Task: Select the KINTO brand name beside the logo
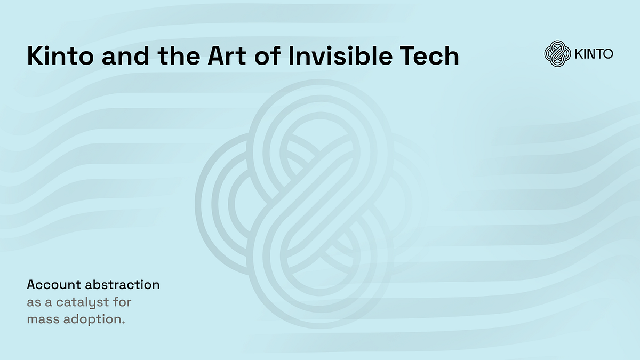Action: pyautogui.click(x=594, y=54)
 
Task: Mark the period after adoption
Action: pyautogui.click(x=124, y=324)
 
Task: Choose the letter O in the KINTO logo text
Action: pyautogui.click(x=607, y=54)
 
